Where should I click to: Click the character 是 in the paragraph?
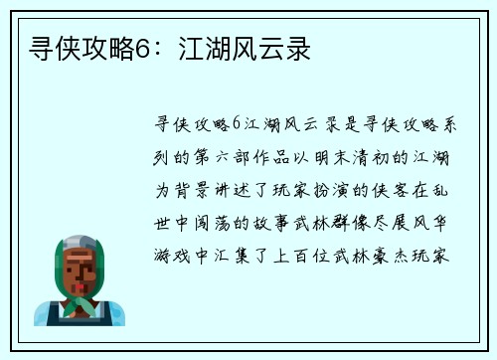click(345, 122)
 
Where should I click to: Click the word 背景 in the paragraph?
click(191, 189)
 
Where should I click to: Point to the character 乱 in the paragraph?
click(444, 189)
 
